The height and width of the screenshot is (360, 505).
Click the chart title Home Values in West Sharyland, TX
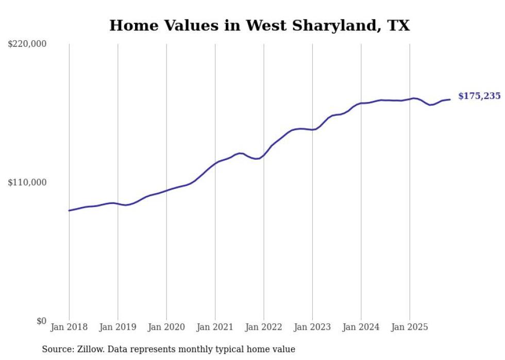259,25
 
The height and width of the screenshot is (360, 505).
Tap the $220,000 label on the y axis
27,44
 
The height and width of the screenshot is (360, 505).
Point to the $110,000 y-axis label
27,182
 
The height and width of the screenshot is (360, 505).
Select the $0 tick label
41,321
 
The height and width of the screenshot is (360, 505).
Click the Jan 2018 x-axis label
69,327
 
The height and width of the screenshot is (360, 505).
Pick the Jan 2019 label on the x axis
117,327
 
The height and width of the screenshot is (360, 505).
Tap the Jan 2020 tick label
166,327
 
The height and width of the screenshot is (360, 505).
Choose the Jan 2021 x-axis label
215,327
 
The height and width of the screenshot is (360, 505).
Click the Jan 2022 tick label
264,327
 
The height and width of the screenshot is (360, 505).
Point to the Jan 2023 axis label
312,327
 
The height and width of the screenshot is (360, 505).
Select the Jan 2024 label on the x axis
361,327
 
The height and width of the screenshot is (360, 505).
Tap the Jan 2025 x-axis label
410,327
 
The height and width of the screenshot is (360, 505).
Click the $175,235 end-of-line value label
479,96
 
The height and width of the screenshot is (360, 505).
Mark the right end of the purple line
450,99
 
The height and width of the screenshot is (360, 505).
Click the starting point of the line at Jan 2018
69,211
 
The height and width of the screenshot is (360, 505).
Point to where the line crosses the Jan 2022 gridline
264,155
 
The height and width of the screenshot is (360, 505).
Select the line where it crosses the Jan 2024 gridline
361,103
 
